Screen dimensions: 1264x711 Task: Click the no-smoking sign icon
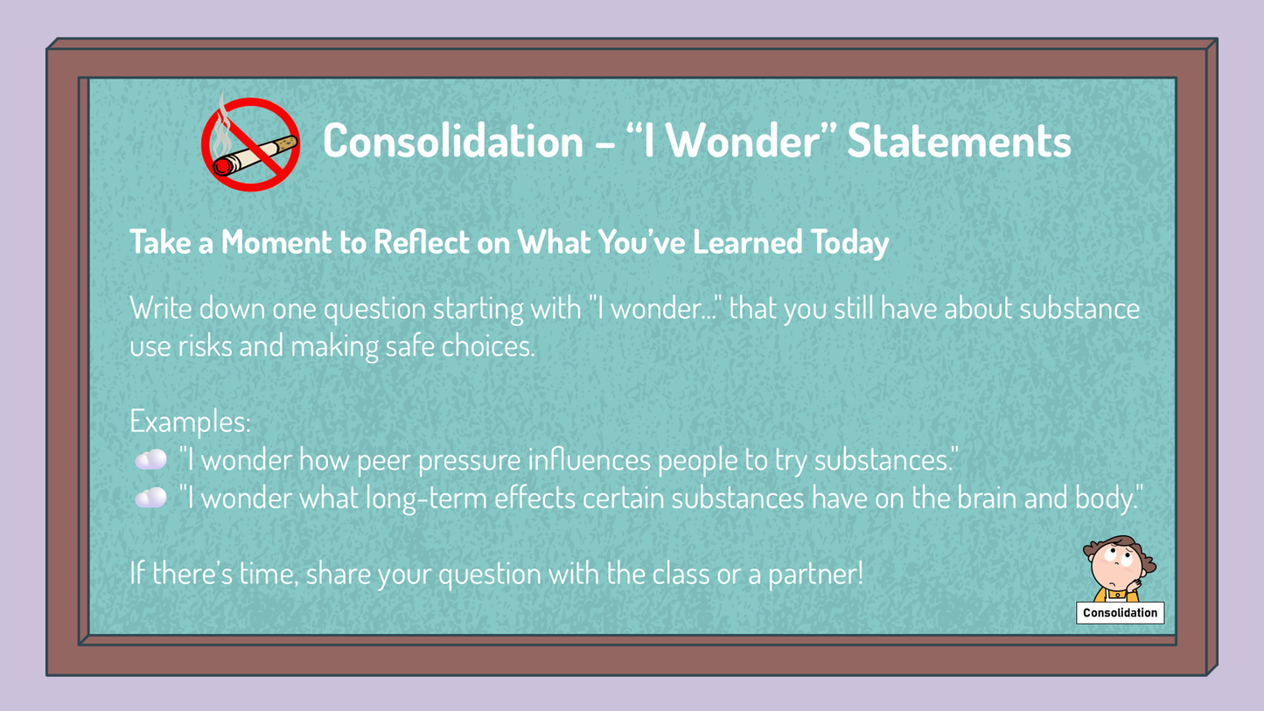250,144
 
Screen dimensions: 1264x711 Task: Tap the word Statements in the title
959,141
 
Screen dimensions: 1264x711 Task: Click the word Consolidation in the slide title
453,141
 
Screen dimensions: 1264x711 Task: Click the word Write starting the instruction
161,310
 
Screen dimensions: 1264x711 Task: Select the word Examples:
190,422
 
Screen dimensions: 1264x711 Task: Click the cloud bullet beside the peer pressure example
150,459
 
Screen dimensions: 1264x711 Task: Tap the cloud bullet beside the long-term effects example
150,498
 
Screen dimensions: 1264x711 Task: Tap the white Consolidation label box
1121,613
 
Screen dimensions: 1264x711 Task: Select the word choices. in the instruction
487,346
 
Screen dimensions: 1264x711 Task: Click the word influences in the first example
589,460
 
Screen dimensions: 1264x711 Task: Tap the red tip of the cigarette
222,167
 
